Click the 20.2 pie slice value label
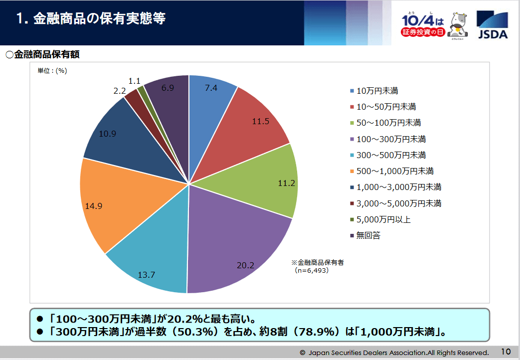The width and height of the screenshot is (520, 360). (x=245, y=265)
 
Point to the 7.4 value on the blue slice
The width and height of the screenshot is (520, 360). (x=211, y=88)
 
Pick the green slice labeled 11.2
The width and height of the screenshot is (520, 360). (x=269, y=180)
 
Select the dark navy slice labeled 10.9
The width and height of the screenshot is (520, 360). (x=120, y=135)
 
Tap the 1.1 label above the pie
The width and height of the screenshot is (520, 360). (x=134, y=80)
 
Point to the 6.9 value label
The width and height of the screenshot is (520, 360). (x=168, y=88)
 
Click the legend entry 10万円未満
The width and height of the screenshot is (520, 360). (x=377, y=91)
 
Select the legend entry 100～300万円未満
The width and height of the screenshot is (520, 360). (x=391, y=139)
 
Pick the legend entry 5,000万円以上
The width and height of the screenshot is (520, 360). (x=383, y=219)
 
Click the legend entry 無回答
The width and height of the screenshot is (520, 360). (x=368, y=235)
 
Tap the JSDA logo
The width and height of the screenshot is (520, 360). (x=493, y=25)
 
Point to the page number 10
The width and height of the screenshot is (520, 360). (x=506, y=351)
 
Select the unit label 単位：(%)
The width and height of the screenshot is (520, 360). (x=52, y=71)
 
